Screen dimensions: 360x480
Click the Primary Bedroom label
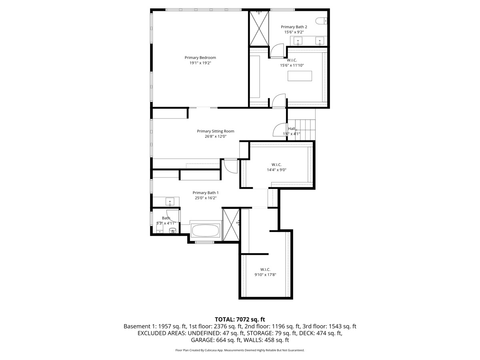(x=200, y=58)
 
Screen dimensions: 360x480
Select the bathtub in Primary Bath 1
(x=206, y=231)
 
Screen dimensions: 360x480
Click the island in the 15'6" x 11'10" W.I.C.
(x=300, y=76)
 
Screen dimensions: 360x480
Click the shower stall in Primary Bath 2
(x=259, y=28)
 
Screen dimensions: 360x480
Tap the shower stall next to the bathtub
(x=231, y=224)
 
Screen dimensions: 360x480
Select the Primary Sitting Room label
(x=216, y=131)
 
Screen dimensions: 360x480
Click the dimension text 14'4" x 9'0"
(x=277, y=170)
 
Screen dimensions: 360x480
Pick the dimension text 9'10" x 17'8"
(x=266, y=275)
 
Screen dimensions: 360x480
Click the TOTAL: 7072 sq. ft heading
(x=240, y=319)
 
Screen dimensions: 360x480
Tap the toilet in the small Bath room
(x=172, y=231)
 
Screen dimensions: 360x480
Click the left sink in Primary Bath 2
(x=298, y=40)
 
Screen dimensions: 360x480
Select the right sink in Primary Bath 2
(x=320, y=40)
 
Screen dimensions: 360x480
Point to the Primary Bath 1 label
(x=206, y=192)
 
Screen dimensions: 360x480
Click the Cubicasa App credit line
(x=240, y=350)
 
